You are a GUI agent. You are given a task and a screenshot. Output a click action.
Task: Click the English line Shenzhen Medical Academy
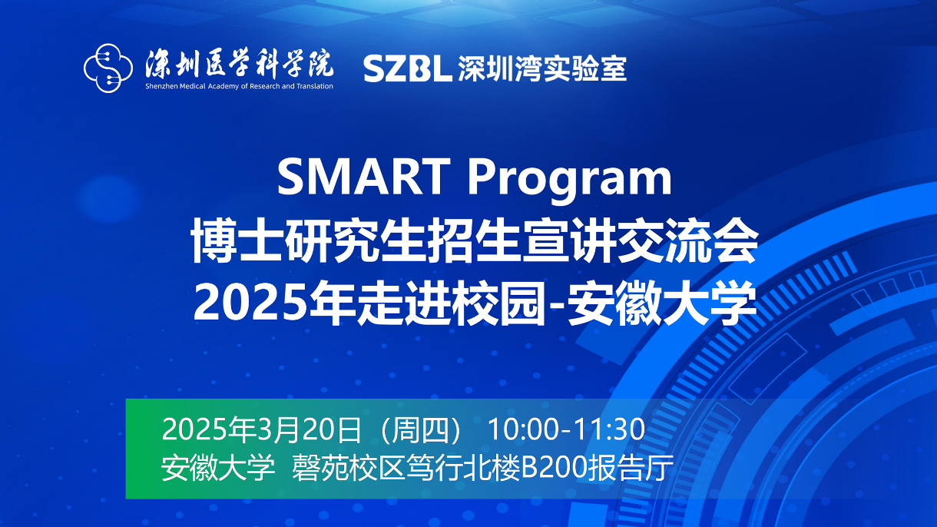pyautogui.click(x=239, y=86)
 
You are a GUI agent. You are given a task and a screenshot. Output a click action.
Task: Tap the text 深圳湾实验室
pyautogui.click(x=541, y=69)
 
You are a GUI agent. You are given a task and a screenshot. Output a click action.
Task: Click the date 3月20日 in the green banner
pyautogui.click(x=312, y=429)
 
